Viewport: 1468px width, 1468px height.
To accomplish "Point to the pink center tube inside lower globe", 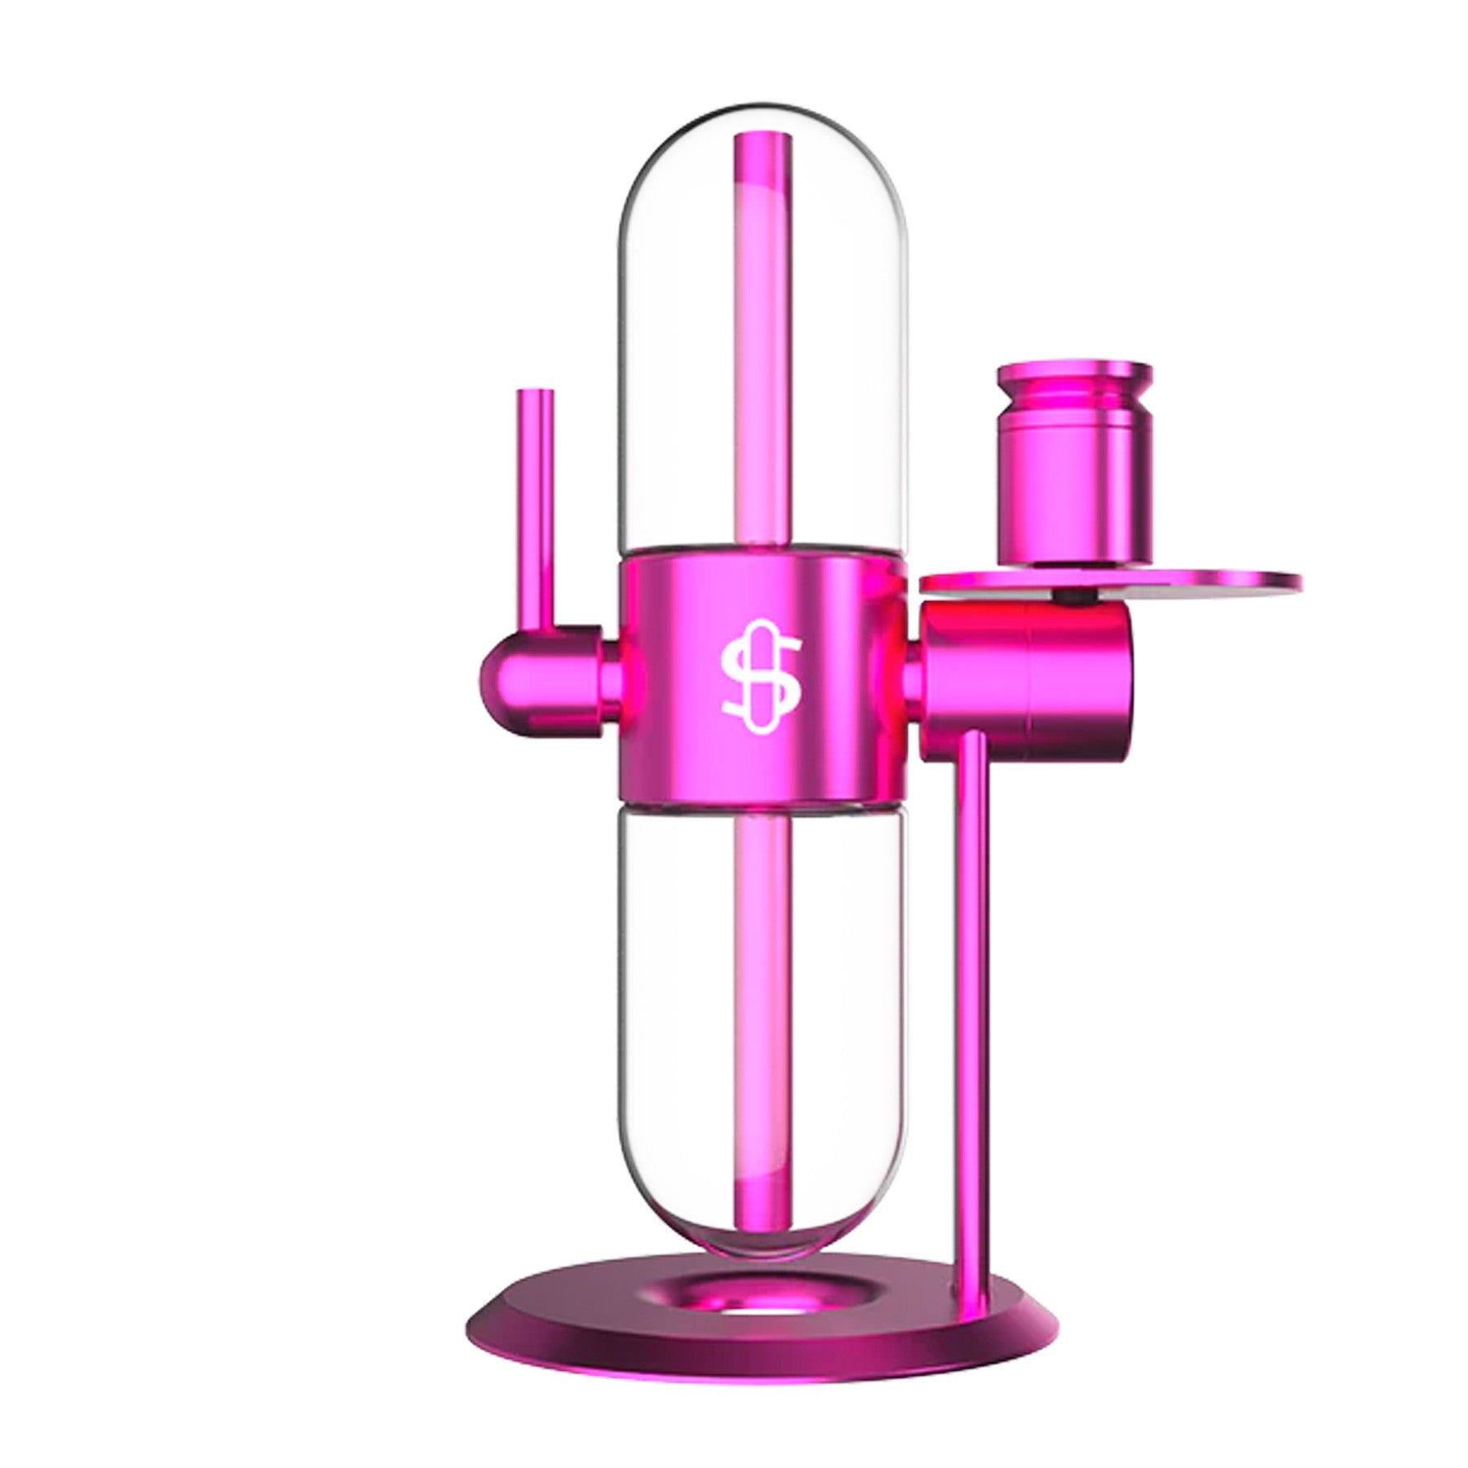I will [x=763, y=979].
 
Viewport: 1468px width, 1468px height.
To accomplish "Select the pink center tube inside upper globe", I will [x=763, y=367].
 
